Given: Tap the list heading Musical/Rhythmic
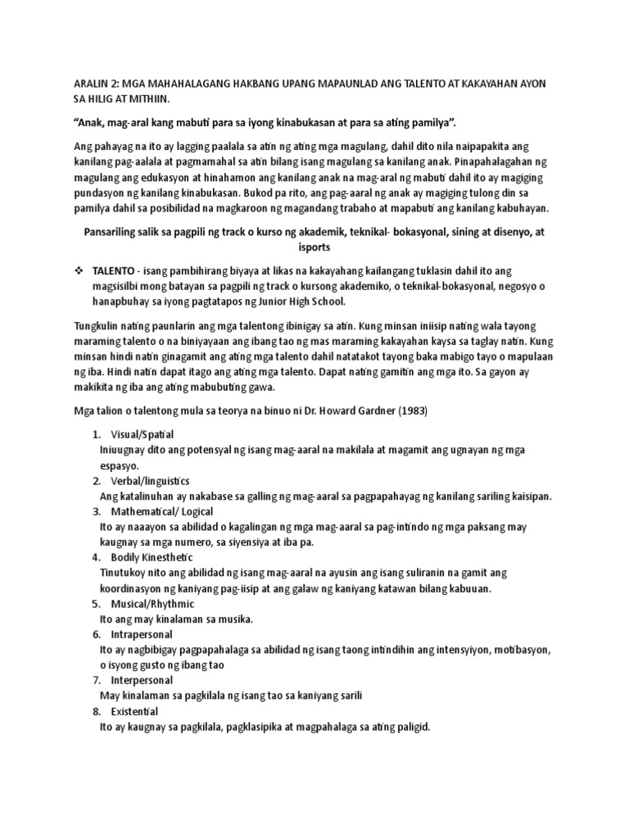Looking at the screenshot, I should tap(152, 604).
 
